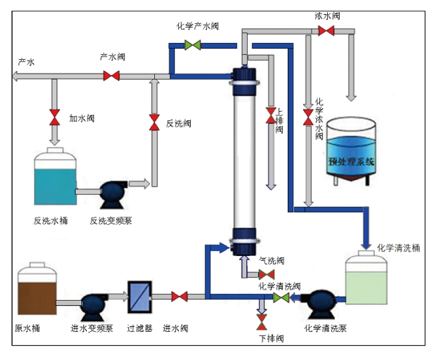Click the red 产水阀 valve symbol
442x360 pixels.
point(111,76)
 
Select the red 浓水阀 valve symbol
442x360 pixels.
point(326,30)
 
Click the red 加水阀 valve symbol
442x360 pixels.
point(55,117)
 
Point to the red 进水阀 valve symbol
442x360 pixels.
point(179,296)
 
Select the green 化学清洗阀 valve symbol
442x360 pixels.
point(281,297)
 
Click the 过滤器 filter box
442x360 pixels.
point(139,295)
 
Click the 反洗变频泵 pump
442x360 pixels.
point(112,193)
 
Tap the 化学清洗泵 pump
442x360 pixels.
point(316,302)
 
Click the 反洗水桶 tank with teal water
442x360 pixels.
point(55,179)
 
